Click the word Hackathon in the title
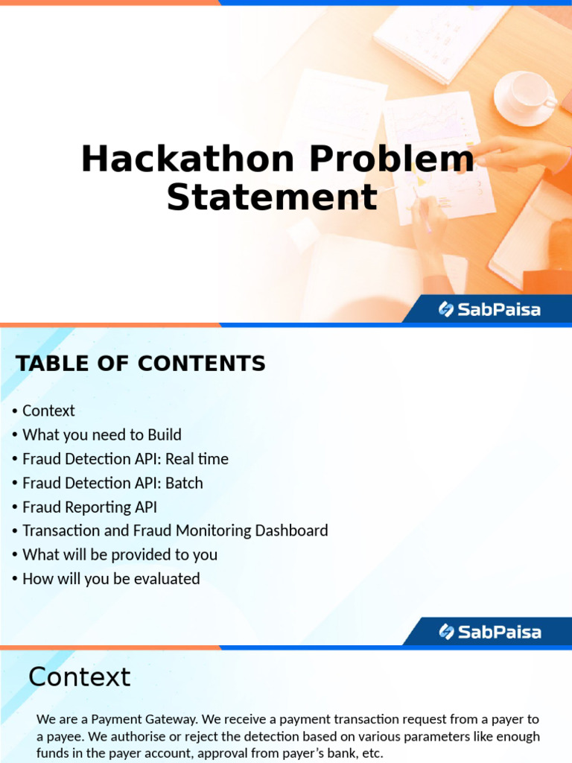pyautogui.click(x=188, y=159)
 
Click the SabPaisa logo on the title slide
pyautogui.click(x=489, y=309)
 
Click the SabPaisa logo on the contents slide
pyautogui.click(x=490, y=632)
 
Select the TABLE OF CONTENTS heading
pyautogui.click(x=141, y=364)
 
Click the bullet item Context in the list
pyautogui.click(x=48, y=411)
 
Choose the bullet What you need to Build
pyautogui.click(x=101, y=434)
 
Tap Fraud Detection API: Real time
pyautogui.click(x=125, y=459)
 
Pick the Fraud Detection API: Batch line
pyautogui.click(x=113, y=483)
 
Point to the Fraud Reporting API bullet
pyautogui.click(x=90, y=507)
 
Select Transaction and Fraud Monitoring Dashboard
pyautogui.click(x=175, y=531)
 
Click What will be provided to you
pyautogui.click(x=120, y=554)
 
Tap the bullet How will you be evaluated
pyautogui.click(x=112, y=578)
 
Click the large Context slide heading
pyautogui.click(x=80, y=677)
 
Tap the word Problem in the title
pyautogui.click(x=392, y=159)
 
